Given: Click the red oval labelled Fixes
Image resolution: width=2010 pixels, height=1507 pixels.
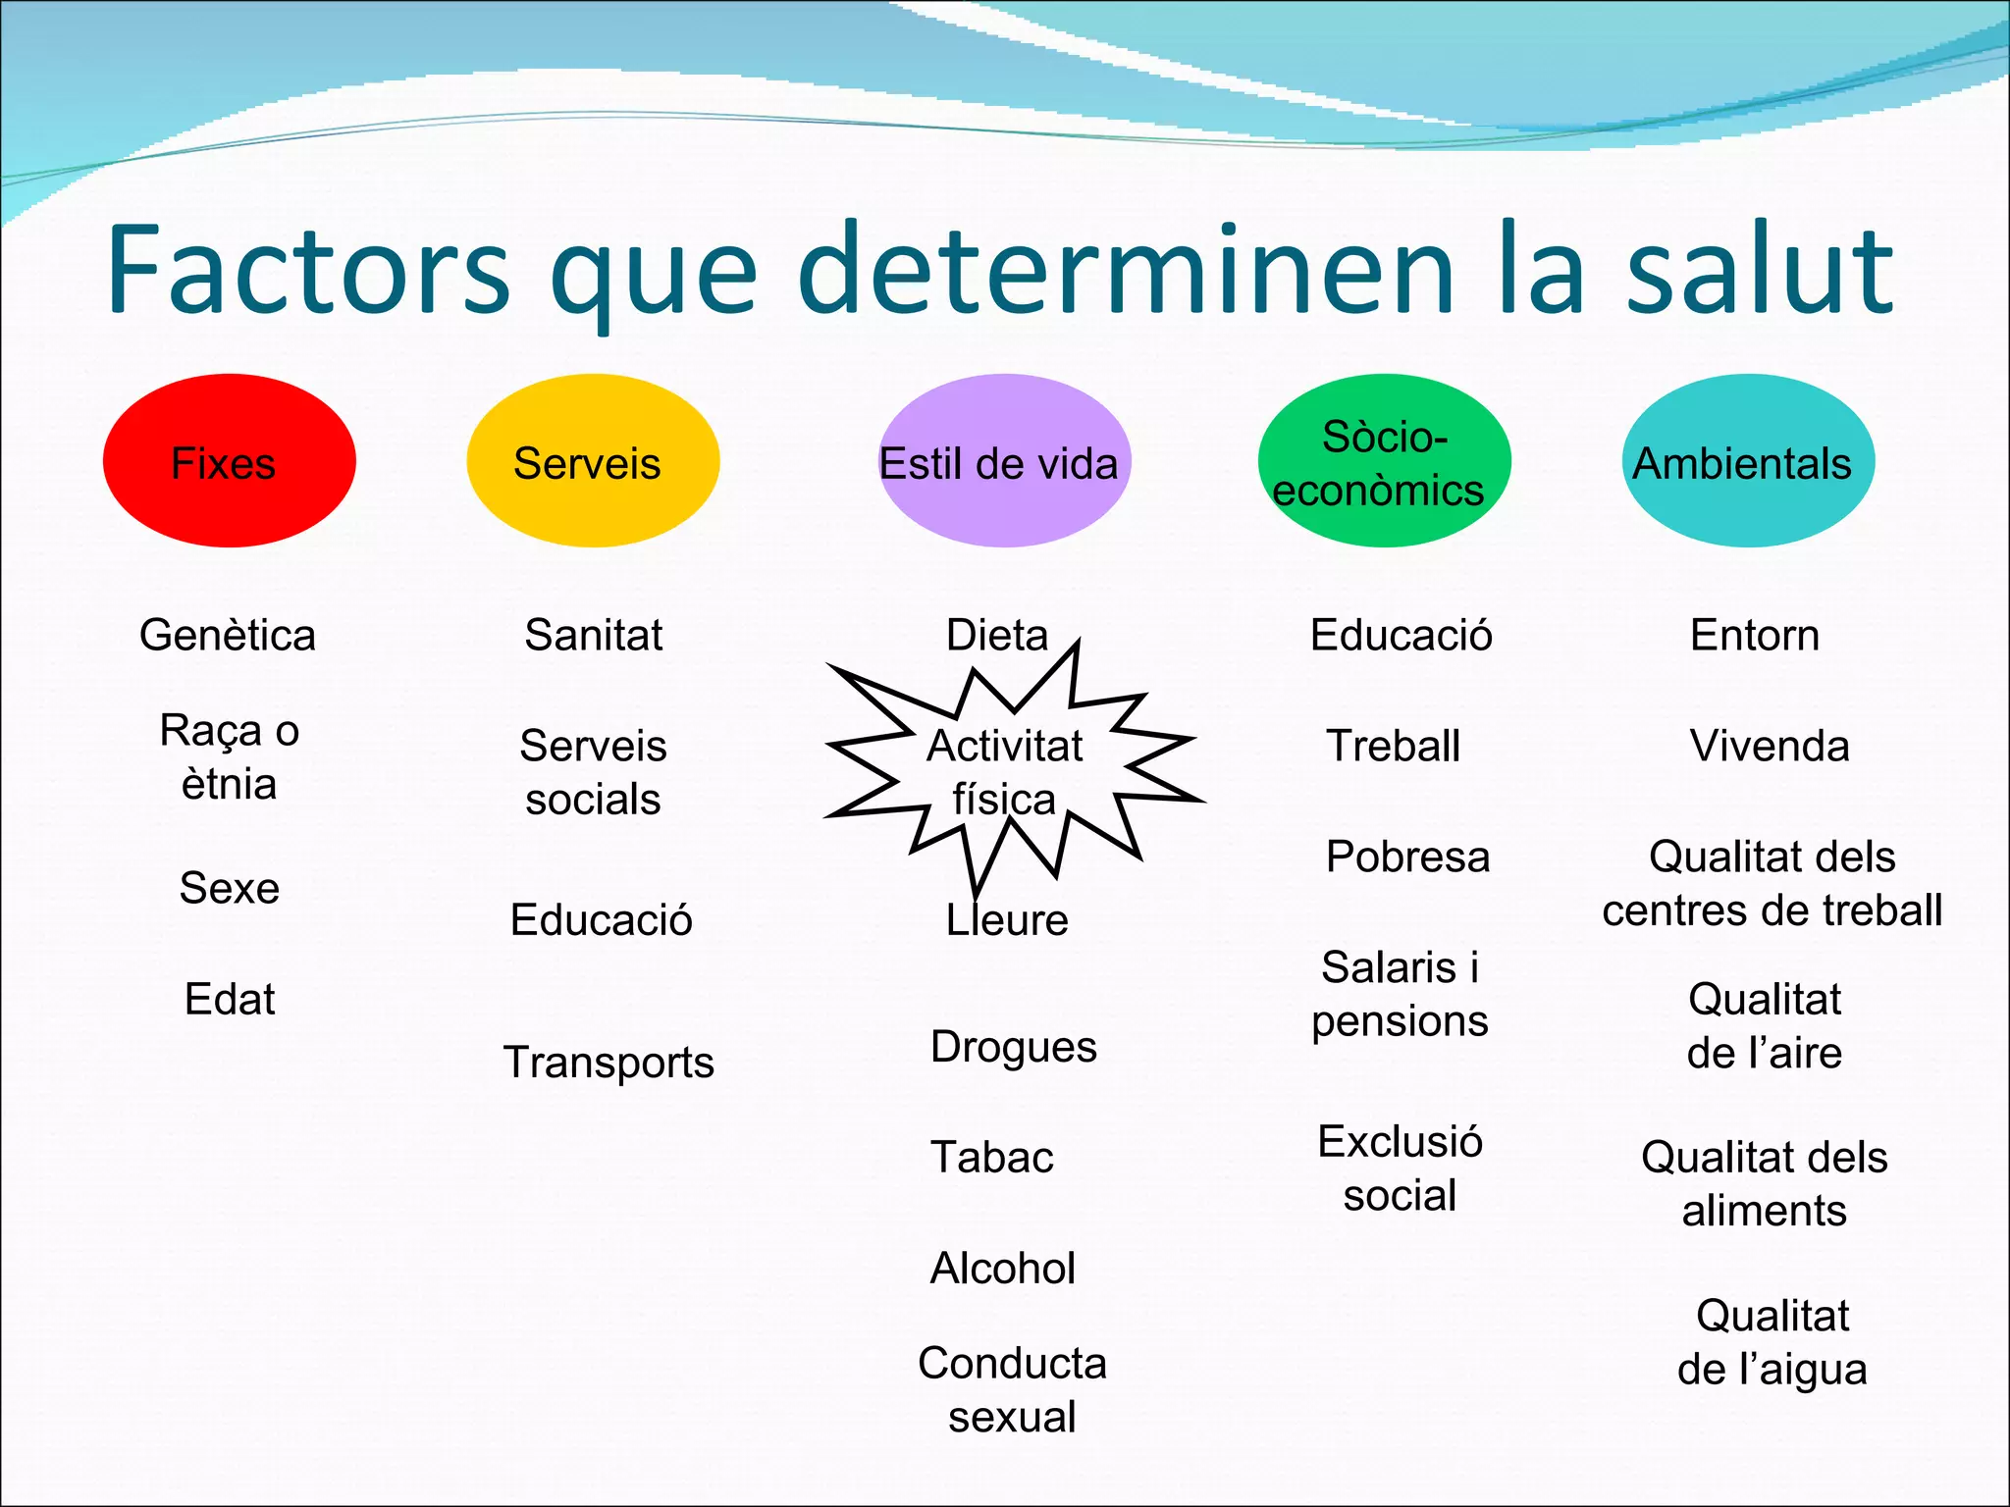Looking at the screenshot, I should tap(229, 461).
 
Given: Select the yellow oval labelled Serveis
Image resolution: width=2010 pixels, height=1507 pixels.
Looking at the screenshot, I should tap(593, 461).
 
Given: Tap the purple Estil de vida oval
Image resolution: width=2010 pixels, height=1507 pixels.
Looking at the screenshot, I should tap(1003, 461).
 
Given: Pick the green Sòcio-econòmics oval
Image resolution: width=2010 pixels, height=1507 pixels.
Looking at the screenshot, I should tap(1384, 461).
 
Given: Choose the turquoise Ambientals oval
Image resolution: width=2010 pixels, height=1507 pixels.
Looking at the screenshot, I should tap(1748, 461).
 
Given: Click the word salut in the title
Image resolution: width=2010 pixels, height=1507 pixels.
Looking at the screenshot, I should tap(1759, 270).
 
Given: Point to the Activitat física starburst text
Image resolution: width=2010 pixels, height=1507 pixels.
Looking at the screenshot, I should tap(1004, 772).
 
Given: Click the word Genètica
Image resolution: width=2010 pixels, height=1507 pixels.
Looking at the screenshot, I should tap(228, 635).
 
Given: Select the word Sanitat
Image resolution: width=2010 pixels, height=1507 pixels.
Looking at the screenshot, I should tap(594, 635).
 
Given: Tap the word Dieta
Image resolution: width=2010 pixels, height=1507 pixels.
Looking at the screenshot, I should tap(997, 635).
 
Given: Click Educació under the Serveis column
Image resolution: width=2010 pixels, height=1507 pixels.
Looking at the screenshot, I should tap(601, 920).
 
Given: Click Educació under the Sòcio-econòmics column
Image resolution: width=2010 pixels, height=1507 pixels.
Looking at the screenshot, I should tap(1401, 635).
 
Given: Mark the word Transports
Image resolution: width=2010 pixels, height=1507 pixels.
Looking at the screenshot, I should tap(608, 1063).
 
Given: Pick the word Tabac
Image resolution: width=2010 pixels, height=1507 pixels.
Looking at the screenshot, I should tap(991, 1158).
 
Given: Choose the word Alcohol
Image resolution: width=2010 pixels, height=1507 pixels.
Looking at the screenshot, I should tap(1002, 1269).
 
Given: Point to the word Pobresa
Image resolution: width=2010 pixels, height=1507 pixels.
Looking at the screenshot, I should tap(1407, 857).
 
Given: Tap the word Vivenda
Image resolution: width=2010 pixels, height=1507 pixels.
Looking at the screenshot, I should tap(1770, 746).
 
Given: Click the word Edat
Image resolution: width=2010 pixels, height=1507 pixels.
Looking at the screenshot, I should tap(230, 999).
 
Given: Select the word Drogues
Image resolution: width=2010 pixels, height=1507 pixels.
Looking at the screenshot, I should tap(1013, 1047).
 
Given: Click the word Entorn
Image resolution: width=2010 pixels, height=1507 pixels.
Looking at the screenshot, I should tap(1755, 635).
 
